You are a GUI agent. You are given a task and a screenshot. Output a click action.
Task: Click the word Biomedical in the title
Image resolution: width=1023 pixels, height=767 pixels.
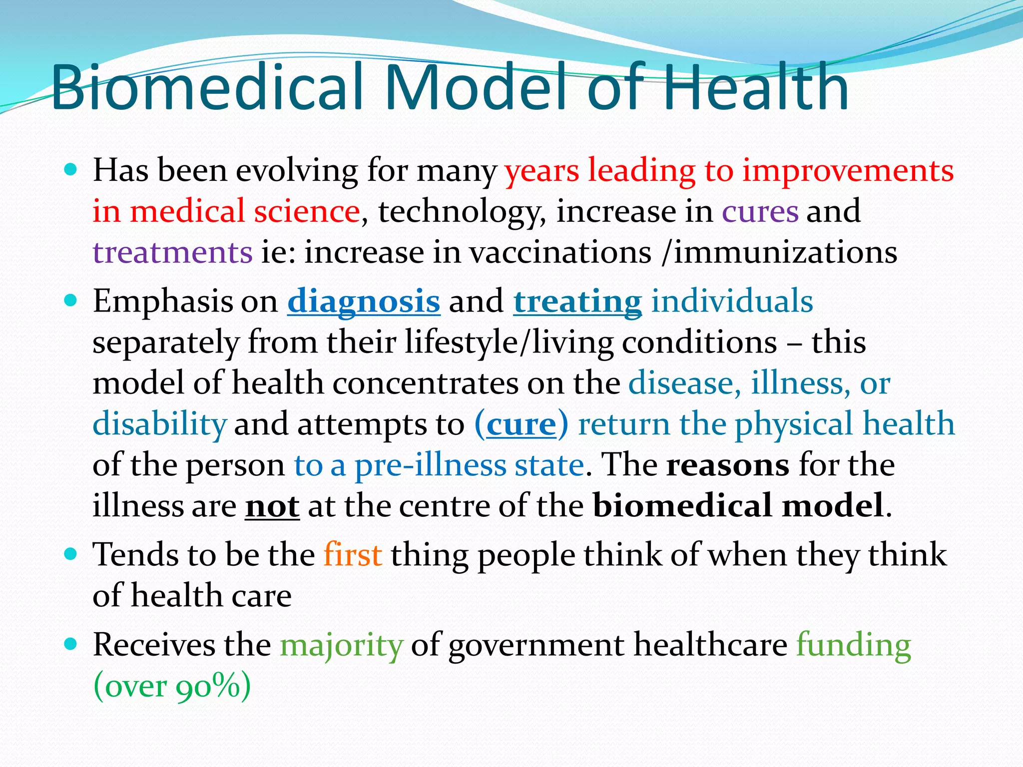click(210, 88)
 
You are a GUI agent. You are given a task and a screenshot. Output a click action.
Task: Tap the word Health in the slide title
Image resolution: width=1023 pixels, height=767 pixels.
click(756, 88)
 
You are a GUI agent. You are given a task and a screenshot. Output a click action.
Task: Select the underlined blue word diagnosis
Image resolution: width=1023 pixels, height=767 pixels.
click(364, 302)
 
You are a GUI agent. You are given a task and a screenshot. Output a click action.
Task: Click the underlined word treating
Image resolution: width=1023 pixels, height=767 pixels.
click(577, 302)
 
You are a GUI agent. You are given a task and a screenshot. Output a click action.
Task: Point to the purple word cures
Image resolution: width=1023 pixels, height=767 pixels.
click(760, 211)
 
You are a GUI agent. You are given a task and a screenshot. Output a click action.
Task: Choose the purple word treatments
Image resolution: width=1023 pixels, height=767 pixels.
click(172, 252)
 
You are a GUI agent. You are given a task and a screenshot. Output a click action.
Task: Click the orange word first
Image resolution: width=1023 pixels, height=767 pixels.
click(353, 555)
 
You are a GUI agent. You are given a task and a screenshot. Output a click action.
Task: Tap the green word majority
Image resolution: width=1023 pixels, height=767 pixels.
click(341, 645)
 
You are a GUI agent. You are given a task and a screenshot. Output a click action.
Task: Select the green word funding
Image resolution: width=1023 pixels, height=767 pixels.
click(853, 645)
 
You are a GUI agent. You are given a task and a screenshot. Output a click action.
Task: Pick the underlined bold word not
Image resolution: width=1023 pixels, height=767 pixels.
click(272, 506)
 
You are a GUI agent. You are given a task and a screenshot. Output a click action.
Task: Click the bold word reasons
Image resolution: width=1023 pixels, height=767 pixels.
click(728, 465)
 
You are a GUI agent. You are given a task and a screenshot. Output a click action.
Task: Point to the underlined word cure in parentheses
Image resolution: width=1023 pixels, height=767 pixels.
click(521, 424)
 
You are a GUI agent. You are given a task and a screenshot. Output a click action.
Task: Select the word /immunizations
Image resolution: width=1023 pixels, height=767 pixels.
click(779, 252)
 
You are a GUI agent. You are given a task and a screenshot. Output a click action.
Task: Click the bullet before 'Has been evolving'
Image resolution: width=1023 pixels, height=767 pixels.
click(71, 170)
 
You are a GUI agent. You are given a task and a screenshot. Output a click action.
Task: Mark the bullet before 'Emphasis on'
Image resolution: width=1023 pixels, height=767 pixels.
click(71, 301)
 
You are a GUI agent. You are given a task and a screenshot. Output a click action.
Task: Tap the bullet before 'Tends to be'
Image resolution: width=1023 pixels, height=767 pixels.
click(71, 554)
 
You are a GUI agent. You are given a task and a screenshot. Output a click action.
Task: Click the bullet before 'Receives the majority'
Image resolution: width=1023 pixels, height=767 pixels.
click(71, 644)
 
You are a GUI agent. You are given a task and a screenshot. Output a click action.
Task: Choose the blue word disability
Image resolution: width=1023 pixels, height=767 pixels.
click(160, 424)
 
